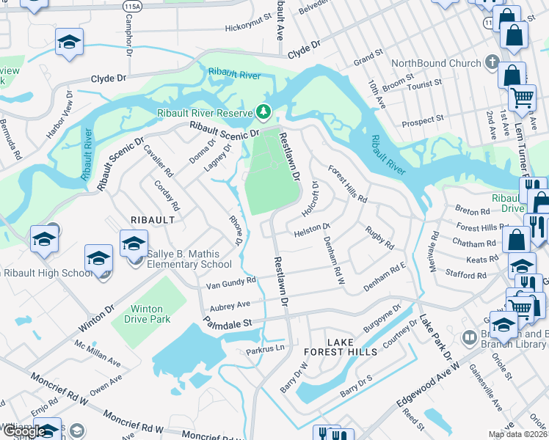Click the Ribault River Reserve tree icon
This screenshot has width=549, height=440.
(262, 112)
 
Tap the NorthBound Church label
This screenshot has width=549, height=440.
(435, 63)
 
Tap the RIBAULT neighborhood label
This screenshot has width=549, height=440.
(152, 219)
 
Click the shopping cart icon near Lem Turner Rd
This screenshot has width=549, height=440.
(522, 98)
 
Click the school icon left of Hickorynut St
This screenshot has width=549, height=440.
(69, 43)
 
